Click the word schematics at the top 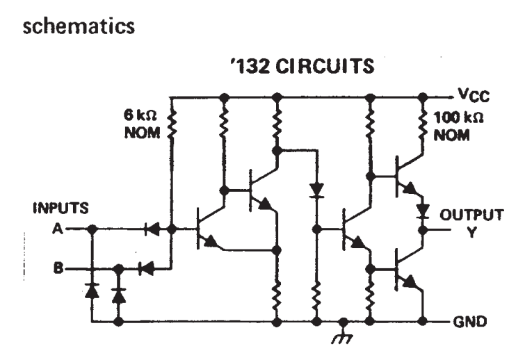click(x=79, y=26)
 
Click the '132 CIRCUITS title click(x=302, y=65)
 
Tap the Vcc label click(x=474, y=95)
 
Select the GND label click(x=470, y=322)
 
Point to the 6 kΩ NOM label click(x=141, y=124)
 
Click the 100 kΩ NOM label click(x=458, y=126)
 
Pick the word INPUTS click(x=61, y=208)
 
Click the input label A click(x=58, y=229)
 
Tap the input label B click(x=58, y=268)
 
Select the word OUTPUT click(x=471, y=215)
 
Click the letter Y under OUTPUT click(x=471, y=232)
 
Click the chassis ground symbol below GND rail click(x=342, y=334)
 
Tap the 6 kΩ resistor click(x=172, y=124)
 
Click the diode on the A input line click(x=152, y=229)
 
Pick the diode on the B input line click(x=146, y=268)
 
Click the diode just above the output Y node click(x=423, y=211)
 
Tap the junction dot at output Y click(x=423, y=230)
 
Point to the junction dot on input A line click(x=92, y=229)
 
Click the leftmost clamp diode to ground click(x=92, y=291)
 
